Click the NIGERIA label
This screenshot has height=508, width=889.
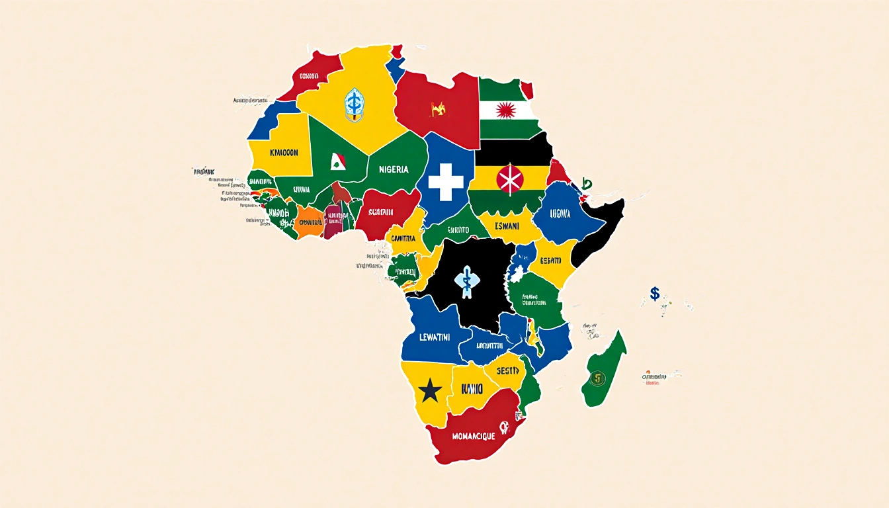click(394, 169)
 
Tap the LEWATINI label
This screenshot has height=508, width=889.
click(425, 337)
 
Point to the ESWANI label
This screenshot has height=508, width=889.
click(507, 226)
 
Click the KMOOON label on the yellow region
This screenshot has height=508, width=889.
click(284, 153)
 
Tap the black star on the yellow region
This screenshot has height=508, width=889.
click(430, 392)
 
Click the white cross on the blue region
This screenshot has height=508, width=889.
click(446, 183)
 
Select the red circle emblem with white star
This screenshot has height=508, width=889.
click(510, 180)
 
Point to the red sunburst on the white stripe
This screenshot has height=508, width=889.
click(506, 110)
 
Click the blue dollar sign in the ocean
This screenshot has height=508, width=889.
click(654, 293)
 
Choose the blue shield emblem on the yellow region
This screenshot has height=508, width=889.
click(355, 105)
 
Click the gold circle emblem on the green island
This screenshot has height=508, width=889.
click(599, 379)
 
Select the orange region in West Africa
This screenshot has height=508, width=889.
click(308, 221)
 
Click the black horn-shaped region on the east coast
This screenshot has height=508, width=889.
click(599, 232)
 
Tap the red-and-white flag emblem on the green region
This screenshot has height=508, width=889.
click(338, 161)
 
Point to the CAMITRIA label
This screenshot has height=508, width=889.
click(404, 238)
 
